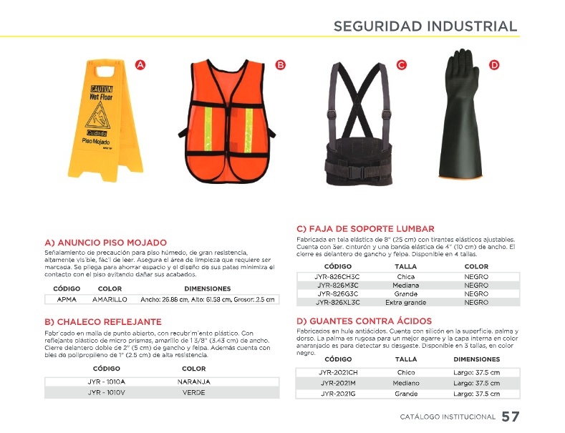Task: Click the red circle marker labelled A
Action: pyautogui.click(x=141, y=65)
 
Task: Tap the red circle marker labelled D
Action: pyautogui.click(x=494, y=65)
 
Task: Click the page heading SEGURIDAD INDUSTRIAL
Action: pyautogui.click(x=425, y=26)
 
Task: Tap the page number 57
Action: pyautogui.click(x=511, y=417)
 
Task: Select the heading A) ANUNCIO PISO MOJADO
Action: pyautogui.click(x=105, y=243)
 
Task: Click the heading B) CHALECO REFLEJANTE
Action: pyautogui.click(x=103, y=322)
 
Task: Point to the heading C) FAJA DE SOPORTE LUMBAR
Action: pyautogui.click(x=365, y=228)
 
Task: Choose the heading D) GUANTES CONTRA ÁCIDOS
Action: pyautogui.click(x=364, y=321)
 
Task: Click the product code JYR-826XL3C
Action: pyautogui.click(x=337, y=303)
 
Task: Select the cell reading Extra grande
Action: pyautogui.click(x=405, y=303)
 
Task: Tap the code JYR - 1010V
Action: pyautogui.click(x=106, y=392)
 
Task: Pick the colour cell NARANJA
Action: pyautogui.click(x=193, y=381)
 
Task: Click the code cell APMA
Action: pyautogui.click(x=67, y=299)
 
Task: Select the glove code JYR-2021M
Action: pyautogui.click(x=339, y=383)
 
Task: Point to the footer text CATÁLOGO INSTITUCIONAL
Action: pyautogui.click(x=448, y=417)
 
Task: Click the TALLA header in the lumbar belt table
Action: pyautogui.click(x=406, y=266)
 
